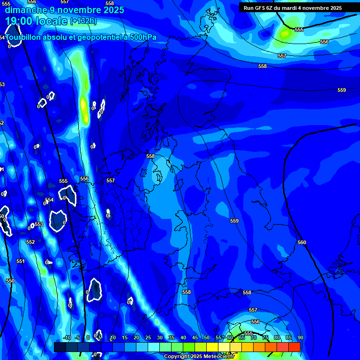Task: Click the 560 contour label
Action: click(302, 242)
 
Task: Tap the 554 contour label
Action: click(49, 200)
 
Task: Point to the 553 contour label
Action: click(39, 224)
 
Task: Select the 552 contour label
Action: click(30, 242)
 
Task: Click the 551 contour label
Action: click(20, 261)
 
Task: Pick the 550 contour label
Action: click(10, 281)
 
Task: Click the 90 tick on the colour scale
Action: click(300, 337)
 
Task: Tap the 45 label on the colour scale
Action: click(195, 337)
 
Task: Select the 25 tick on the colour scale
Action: click(148, 337)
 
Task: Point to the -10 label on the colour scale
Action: click(67, 337)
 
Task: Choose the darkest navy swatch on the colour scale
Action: click(60, 347)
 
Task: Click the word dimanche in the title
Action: click(26, 10)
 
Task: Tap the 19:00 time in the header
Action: click(19, 21)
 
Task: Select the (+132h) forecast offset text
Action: click(83, 21)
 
